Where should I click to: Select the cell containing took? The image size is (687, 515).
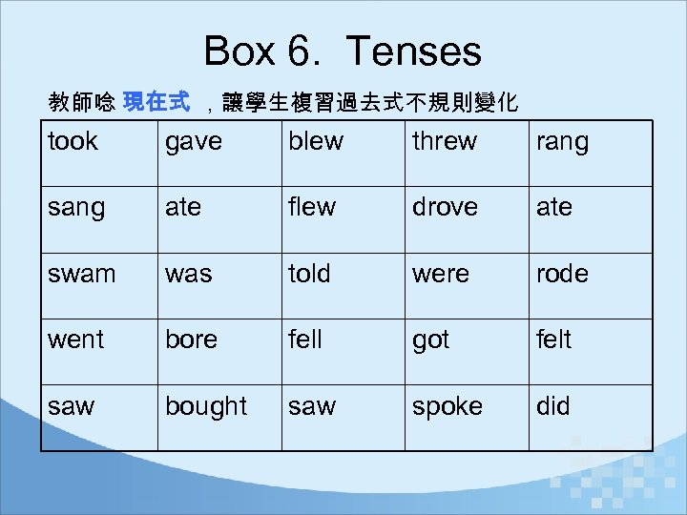pyautogui.click(x=73, y=142)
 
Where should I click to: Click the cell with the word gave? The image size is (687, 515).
pyautogui.click(x=194, y=142)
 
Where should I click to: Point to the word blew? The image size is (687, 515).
pyautogui.click(x=316, y=142)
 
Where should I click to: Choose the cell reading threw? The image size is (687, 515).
pyautogui.click(x=445, y=142)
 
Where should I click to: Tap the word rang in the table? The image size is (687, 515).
pyautogui.click(x=562, y=142)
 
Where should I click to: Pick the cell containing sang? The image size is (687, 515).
pyautogui.click(x=75, y=207)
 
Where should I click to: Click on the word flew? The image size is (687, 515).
pyautogui.click(x=312, y=207)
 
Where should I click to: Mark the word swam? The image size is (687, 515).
pyautogui.click(x=81, y=274)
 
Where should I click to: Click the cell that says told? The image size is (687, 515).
pyautogui.click(x=309, y=274)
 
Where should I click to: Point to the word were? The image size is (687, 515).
pyautogui.click(x=441, y=274)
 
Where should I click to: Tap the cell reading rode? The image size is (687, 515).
pyautogui.click(x=562, y=274)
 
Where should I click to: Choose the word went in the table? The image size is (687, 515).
pyautogui.click(x=75, y=340)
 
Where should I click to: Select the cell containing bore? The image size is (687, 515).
pyautogui.click(x=192, y=340)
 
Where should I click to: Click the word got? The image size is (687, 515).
pyautogui.click(x=430, y=340)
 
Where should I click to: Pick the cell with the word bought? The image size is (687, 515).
pyautogui.click(x=206, y=407)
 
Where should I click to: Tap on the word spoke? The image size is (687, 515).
pyautogui.click(x=448, y=407)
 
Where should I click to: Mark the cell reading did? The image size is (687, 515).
pyautogui.click(x=553, y=407)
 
